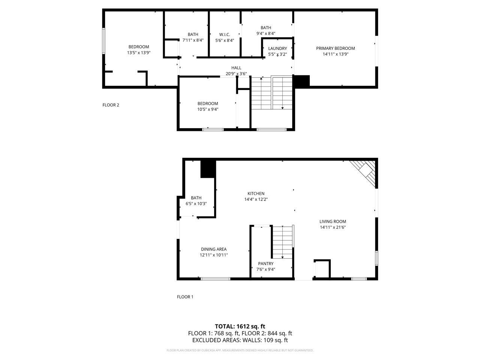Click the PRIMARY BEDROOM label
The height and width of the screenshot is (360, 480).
tap(335, 48)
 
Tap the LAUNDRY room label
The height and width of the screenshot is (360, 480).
tap(277, 48)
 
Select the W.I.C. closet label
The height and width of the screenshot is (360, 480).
tap(225, 34)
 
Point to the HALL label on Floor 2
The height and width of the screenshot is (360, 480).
tap(236, 68)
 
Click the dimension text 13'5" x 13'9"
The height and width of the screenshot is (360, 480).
tap(139, 53)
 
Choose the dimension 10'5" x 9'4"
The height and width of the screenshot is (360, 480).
tap(208, 109)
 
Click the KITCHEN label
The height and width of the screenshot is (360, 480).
tap(256, 193)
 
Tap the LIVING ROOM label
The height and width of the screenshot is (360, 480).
tap(333, 222)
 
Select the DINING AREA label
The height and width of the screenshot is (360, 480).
tap(213, 249)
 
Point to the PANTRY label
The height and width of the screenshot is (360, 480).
tap(265, 264)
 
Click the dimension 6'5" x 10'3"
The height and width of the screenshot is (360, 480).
tap(196, 204)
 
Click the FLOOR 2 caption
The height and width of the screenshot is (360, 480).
tap(111, 105)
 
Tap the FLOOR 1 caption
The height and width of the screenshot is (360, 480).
tap(185, 297)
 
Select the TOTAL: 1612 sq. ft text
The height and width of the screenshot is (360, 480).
tap(240, 326)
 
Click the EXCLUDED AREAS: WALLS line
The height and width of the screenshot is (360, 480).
tap(240, 340)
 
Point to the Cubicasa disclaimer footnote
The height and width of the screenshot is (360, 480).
tap(240, 350)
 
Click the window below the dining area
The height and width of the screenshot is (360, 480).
tap(216, 279)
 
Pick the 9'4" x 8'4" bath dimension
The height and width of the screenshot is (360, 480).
tap(266, 33)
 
